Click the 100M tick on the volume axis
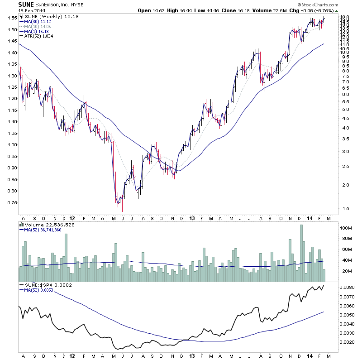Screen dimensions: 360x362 point(347,228)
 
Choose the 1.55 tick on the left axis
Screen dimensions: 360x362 point(11,18)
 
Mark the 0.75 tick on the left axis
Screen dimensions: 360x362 point(11,202)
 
